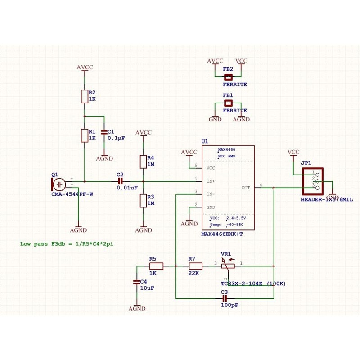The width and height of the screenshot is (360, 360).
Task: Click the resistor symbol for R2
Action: tap(84, 96)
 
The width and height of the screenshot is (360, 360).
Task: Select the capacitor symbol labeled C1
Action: tap(104, 132)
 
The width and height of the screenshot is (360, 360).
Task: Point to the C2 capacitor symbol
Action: tap(120, 181)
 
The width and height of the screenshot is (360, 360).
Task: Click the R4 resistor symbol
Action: tap(144, 161)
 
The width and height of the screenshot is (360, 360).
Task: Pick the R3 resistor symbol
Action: tap(144, 200)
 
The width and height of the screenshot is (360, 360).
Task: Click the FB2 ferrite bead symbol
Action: tap(228, 77)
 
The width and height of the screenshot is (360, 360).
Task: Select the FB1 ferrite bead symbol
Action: tap(228, 103)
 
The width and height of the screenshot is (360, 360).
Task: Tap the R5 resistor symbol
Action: tap(153, 266)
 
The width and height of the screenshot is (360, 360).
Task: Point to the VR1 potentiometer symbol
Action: tap(229, 266)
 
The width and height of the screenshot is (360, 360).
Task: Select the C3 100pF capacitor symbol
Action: tap(225, 298)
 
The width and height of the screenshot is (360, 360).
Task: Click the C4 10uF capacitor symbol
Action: tap(137, 282)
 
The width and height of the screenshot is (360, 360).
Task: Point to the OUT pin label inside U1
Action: tap(246, 188)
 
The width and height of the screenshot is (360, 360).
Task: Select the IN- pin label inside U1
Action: tap(211, 194)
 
